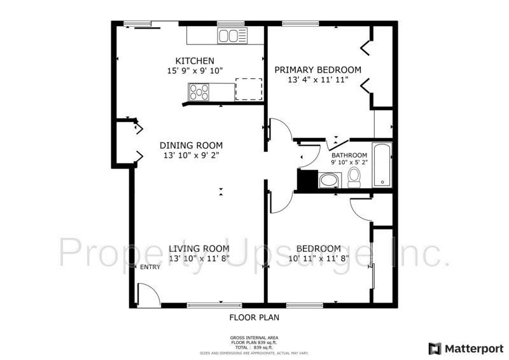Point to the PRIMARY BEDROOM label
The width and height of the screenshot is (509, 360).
click(x=317, y=70)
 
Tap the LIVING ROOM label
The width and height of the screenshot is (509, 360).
click(x=199, y=249)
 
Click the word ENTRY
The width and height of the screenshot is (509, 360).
click(x=150, y=267)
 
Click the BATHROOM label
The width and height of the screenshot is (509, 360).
click(x=349, y=156)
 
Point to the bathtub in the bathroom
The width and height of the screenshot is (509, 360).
click(x=382, y=165)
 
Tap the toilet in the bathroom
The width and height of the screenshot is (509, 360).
click(x=354, y=177)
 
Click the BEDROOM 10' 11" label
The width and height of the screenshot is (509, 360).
click(x=318, y=249)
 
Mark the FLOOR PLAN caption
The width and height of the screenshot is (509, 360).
click(x=254, y=317)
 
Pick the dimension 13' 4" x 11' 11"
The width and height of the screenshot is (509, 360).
click(x=317, y=81)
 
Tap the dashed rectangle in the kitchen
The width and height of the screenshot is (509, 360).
click(x=249, y=89)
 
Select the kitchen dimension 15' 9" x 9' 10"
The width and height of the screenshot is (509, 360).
click(x=195, y=71)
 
